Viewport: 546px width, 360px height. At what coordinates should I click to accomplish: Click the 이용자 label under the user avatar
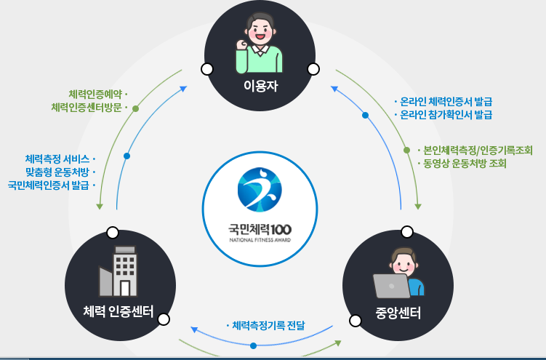tap(261, 88)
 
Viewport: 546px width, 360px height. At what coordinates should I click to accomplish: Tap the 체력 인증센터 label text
tap(118, 313)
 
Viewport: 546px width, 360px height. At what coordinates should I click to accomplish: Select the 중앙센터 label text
tap(398, 313)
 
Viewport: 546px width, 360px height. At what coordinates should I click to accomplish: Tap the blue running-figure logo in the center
tap(259, 188)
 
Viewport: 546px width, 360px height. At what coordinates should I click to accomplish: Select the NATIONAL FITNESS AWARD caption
tap(260, 239)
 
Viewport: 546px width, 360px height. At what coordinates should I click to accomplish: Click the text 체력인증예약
tap(95, 95)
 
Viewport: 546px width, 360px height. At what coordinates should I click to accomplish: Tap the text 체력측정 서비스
tap(57, 159)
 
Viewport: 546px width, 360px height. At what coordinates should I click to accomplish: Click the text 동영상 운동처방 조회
tap(465, 164)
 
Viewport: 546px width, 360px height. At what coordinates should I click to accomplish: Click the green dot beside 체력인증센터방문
tap(135, 108)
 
